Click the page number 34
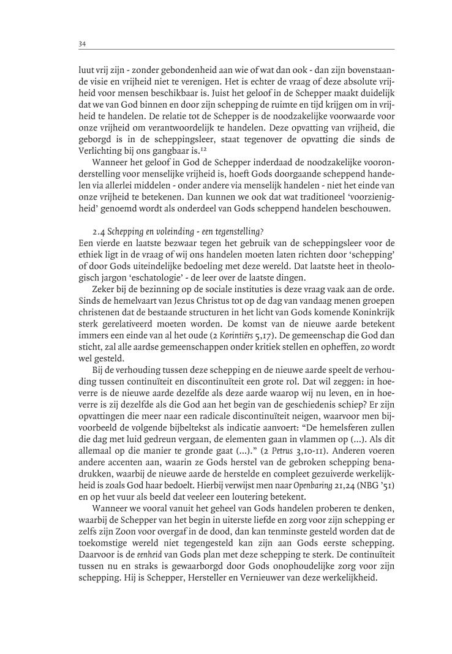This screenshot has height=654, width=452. click(81, 43)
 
